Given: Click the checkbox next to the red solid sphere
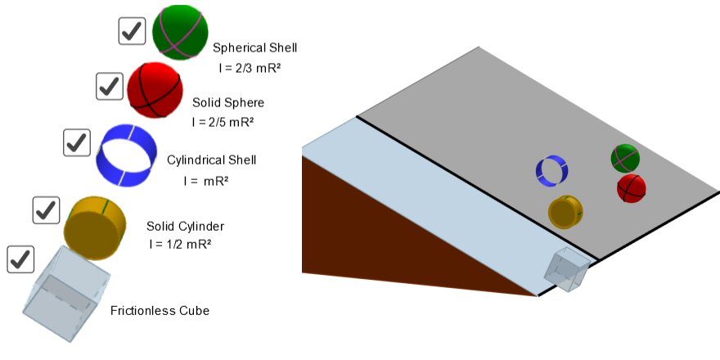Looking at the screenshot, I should (x=109, y=86).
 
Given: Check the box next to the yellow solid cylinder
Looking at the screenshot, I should (x=45, y=210).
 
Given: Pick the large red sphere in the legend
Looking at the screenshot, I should (x=155, y=90).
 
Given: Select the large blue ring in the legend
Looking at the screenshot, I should (x=126, y=155).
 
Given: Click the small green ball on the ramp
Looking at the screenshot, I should (x=625, y=157).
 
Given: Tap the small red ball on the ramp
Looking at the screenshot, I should (x=631, y=188).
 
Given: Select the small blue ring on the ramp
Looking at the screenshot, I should (x=552, y=170).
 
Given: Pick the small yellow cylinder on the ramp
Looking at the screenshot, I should (x=565, y=211).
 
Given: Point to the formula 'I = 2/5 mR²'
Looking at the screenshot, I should (x=223, y=122).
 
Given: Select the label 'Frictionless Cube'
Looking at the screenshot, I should (x=160, y=311).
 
